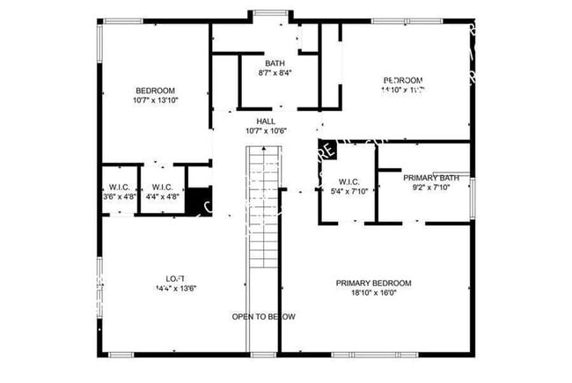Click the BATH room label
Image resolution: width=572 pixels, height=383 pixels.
click(275, 63)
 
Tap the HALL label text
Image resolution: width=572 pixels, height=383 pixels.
click(265, 121)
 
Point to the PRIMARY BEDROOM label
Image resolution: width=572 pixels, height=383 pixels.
click(373, 284)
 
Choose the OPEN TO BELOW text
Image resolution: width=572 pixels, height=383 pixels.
click(263, 317)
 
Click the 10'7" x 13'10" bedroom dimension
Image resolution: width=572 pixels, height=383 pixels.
click(155, 100)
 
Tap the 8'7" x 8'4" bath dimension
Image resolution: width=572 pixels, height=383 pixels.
click(275, 73)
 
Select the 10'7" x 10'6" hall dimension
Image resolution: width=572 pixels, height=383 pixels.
click(265, 130)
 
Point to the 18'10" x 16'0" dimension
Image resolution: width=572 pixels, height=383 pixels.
click(373, 293)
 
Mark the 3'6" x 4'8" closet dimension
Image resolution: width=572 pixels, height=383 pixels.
click(120, 197)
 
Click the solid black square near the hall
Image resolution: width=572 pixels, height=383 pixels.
click(326, 150)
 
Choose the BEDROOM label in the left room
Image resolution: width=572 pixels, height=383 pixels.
click(155, 91)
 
